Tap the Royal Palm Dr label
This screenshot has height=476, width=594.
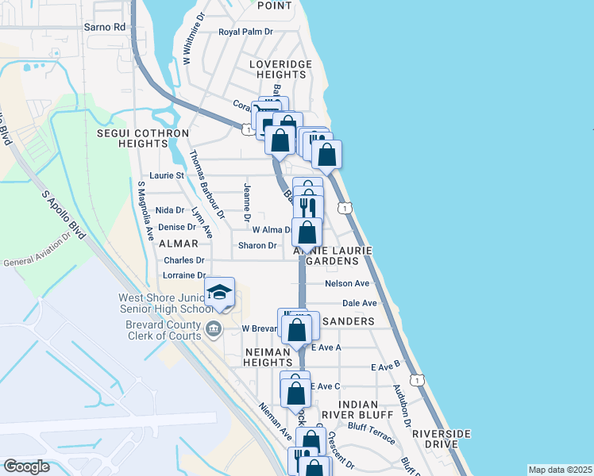pyautogui.click(x=245, y=32)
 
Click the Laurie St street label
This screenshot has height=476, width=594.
pyautogui.click(x=167, y=175)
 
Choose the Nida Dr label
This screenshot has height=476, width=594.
pyautogui.click(x=170, y=209)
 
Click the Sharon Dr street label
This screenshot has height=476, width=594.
pyautogui.click(x=257, y=245)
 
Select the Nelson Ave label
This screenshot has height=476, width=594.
pyautogui.click(x=347, y=283)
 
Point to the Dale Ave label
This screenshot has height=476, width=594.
pyautogui.click(x=359, y=303)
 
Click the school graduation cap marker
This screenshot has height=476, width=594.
pyautogui.click(x=219, y=293)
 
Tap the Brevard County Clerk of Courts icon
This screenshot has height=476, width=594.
pyautogui.click(x=213, y=328)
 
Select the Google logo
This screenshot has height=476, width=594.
pyautogui.click(x=26, y=466)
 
